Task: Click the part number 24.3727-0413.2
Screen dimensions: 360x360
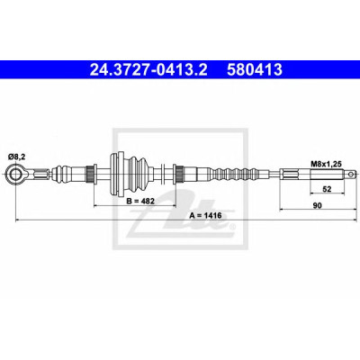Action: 148,69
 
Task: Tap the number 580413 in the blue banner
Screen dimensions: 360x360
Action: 255,69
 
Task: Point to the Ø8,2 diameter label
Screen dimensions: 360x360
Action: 15,157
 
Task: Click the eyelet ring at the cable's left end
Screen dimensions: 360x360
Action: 14,175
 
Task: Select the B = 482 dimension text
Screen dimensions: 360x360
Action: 140,201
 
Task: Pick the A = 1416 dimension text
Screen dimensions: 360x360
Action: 206,215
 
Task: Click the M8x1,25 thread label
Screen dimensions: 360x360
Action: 325,164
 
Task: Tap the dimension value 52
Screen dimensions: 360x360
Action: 327,189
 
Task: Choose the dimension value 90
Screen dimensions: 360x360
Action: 317,205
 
